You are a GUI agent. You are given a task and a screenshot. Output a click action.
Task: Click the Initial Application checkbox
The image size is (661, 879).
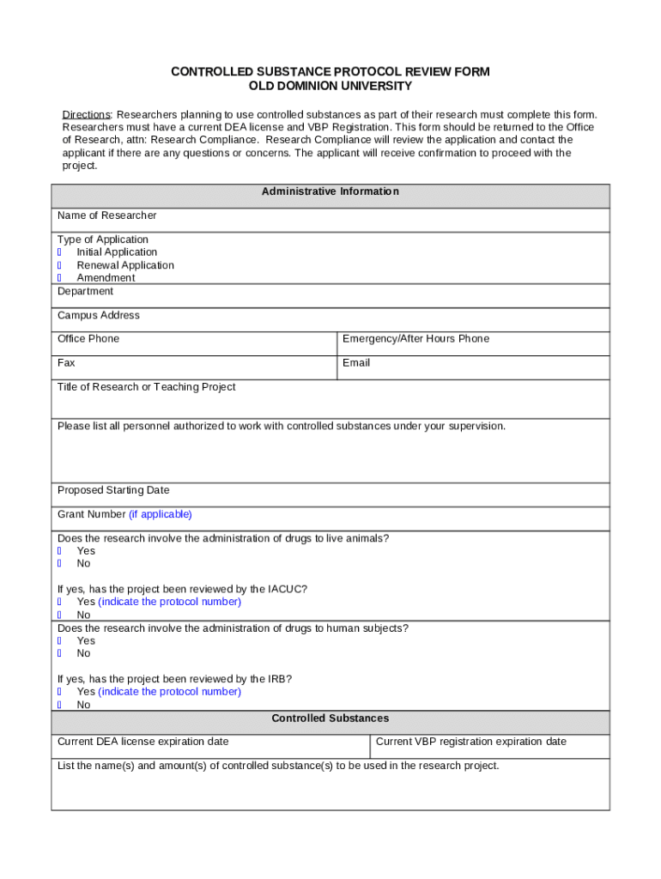coord(60,252)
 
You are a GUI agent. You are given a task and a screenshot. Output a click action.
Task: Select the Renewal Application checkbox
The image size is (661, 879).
coord(60,265)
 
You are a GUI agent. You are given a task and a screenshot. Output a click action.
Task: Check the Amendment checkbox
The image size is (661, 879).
coord(60,278)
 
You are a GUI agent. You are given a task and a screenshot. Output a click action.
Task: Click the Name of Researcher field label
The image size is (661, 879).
coord(106,215)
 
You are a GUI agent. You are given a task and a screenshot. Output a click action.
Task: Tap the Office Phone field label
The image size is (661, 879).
coord(88,339)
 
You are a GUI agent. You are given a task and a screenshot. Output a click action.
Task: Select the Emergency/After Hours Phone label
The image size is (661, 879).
coord(415,339)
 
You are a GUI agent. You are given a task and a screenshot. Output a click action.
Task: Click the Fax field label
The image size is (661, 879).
coord(66,363)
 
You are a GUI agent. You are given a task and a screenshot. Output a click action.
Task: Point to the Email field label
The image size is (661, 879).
coord(356,363)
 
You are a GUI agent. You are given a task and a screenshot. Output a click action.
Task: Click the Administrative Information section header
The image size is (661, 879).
coord(330,191)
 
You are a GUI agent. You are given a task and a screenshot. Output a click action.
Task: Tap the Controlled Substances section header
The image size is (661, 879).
coord(330,718)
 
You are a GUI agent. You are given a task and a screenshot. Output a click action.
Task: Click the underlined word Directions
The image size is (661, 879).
coord(86,115)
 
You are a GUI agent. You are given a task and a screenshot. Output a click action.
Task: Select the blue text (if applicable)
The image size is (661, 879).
coord(161,514)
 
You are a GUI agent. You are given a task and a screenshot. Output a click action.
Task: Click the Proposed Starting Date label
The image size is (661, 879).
coord(113,490)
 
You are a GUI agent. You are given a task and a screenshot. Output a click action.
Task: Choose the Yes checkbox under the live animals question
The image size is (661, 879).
coord(60,551)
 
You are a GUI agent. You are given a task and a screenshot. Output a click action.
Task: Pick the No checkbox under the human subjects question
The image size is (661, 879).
coord(60,653)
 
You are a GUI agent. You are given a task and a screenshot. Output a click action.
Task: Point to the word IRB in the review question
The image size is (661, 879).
coord(279,679)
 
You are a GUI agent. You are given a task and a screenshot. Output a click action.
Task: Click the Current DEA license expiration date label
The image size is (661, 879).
coord(143,742)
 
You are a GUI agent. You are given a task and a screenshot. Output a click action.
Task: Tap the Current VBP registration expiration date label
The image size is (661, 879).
coord(471,742)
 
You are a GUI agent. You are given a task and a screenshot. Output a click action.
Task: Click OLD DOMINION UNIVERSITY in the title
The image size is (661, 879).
coord(330,87)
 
